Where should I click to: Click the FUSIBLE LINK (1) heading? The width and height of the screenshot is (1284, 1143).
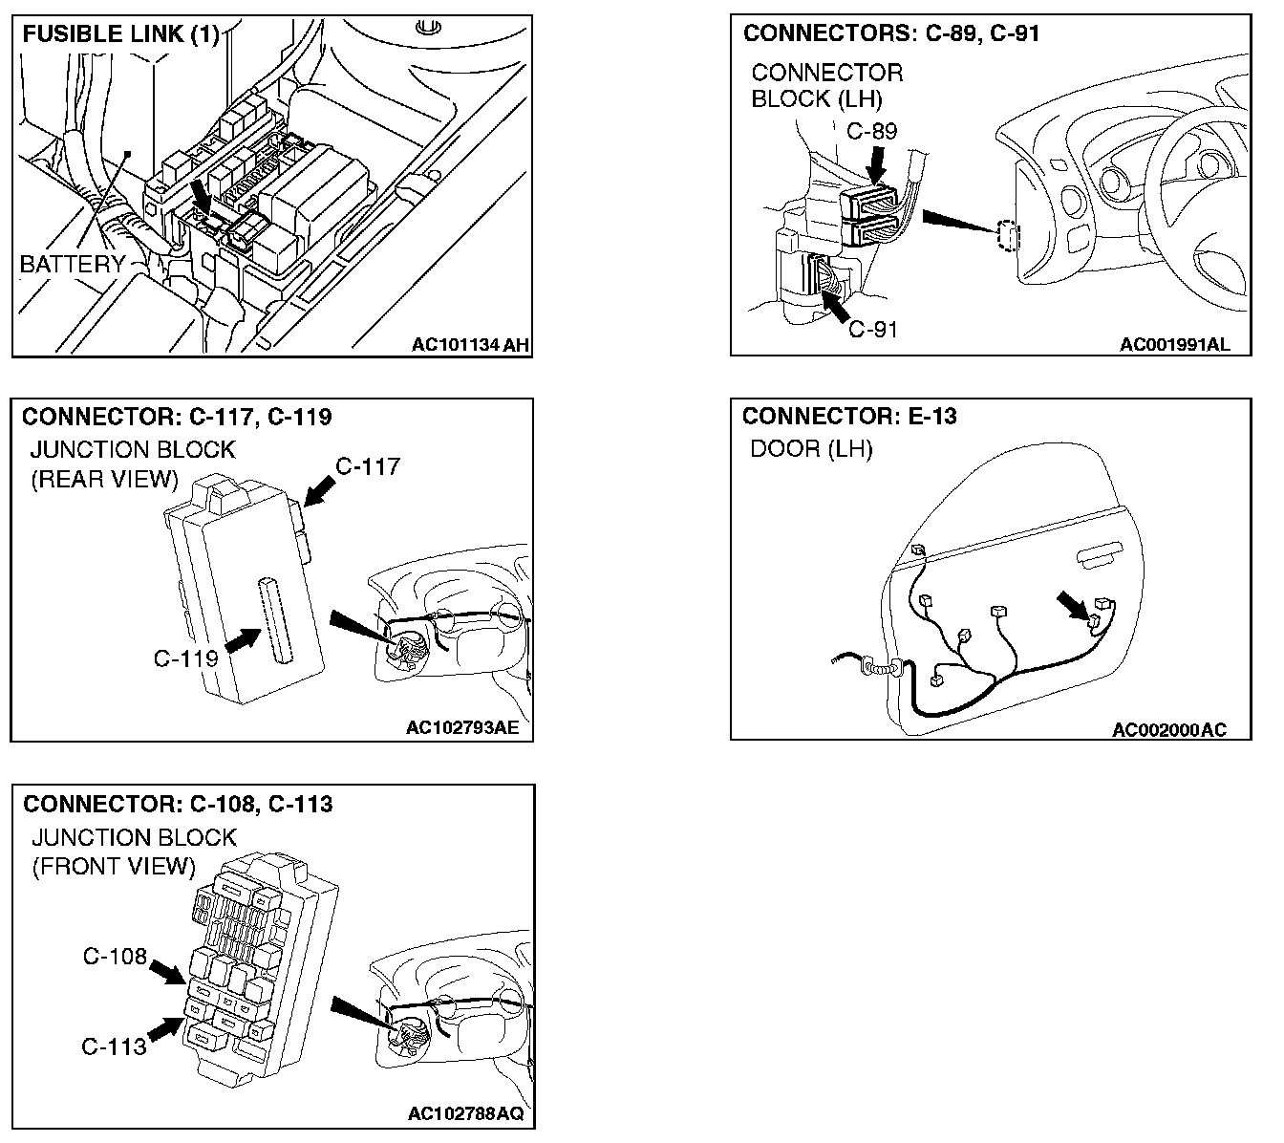120,35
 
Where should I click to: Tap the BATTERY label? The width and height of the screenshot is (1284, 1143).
73,264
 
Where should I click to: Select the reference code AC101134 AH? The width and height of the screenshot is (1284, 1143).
469,344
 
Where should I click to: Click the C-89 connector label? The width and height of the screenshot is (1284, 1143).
872,131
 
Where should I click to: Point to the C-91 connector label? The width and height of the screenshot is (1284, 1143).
873,330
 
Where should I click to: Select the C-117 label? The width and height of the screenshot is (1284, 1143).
368,466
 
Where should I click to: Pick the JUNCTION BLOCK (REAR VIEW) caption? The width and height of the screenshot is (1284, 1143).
133,464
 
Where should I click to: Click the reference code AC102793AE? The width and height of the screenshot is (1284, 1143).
463,728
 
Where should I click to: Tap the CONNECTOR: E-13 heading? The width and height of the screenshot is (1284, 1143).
849,416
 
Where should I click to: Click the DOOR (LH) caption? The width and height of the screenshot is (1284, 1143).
811,448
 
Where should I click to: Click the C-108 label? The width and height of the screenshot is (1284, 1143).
115,956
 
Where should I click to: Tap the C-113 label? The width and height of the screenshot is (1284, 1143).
115,1046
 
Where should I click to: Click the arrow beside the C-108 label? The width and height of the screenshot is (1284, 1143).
168,972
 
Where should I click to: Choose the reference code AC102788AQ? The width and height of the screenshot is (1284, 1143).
465,1114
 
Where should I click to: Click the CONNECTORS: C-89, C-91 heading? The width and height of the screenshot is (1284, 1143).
891,33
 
